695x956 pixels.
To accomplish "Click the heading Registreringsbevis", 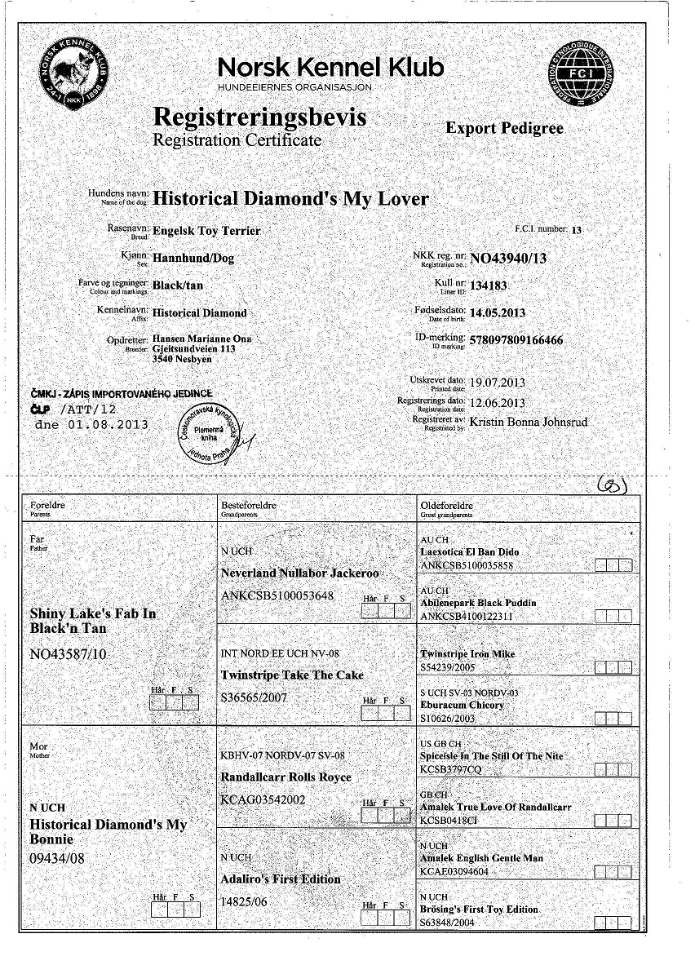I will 259,117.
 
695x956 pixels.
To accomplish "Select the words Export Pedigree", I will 504,128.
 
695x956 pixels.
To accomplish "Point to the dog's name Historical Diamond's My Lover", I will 290,198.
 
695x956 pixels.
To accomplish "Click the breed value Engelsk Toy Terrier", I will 206,231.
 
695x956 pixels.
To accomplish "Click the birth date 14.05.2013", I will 498,312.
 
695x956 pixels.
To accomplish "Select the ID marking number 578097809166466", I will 516,339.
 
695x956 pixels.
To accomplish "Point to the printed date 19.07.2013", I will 498,382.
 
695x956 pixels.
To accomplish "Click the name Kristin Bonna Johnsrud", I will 528,422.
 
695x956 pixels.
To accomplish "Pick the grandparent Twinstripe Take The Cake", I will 292,675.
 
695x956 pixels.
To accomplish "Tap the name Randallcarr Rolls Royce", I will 286,777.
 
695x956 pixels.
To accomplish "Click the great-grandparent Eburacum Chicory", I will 462,705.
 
